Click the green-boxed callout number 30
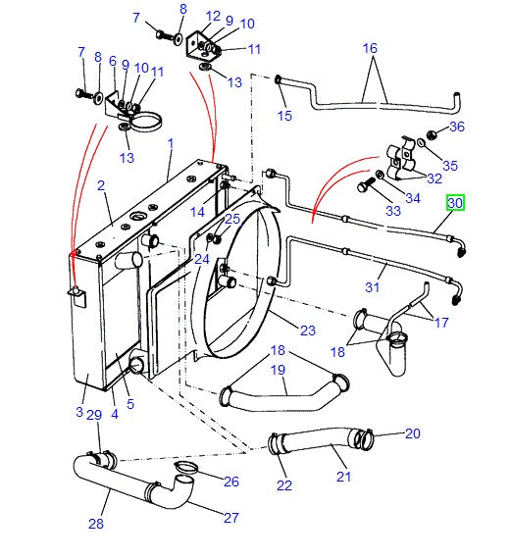tap(455, 203)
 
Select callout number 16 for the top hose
tap(370, 48)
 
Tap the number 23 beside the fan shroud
tap(308, 330)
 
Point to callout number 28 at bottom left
tap(95, 524)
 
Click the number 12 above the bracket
tap(214, 15)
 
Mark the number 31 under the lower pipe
tap(372, 287)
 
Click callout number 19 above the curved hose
tap(278, 371)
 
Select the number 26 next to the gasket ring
tap(231, 481)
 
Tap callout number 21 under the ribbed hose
tap(343, 478)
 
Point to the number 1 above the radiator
tap(170, 143)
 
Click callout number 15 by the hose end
tap(284, 116)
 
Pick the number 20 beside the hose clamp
tap(412, 432)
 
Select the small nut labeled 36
tap(433, 135)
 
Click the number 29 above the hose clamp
tap(94, 416)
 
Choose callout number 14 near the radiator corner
tap(198, 212)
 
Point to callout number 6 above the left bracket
tap(113, 61)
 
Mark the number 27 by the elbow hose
tap(230, 519)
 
